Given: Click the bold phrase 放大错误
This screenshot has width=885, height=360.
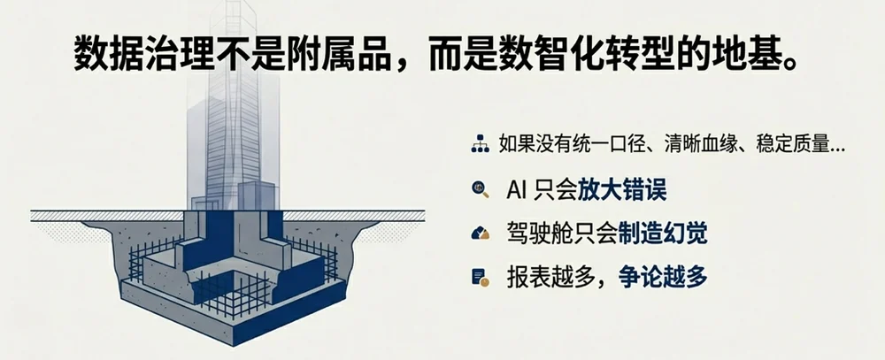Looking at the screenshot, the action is click(x=622, y=190).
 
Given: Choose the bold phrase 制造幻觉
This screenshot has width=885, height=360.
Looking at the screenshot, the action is click(x=663, y=234).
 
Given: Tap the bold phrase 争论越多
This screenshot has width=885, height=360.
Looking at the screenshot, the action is click(x=663, y=278).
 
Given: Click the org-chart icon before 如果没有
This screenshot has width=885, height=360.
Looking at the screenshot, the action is click(x=481, y=145).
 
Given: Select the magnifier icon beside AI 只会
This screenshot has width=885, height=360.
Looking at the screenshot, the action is click(x=481, y=189).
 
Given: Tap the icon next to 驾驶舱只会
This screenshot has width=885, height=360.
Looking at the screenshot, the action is click(x=481, y=233).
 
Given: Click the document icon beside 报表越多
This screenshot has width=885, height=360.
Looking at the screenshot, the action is click(x=481, y=277).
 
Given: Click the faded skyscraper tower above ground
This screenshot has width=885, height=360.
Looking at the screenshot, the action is click(x=234, y=107).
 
